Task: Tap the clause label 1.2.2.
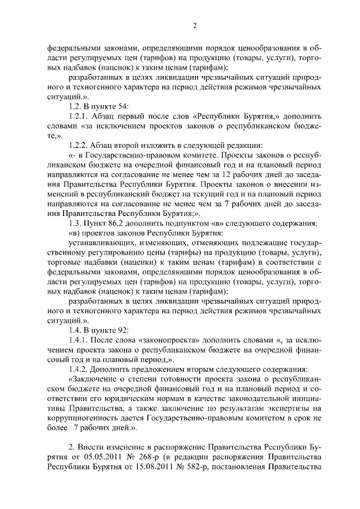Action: point(78,145)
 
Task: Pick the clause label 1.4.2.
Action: point(78,369)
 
